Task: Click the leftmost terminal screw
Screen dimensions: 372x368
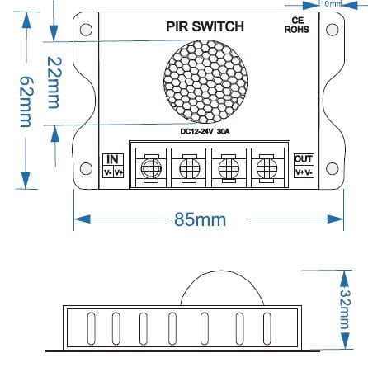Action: (150, 168)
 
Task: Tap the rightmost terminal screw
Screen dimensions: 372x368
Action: (265, 168)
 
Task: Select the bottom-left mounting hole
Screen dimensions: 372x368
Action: (86, 170)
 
